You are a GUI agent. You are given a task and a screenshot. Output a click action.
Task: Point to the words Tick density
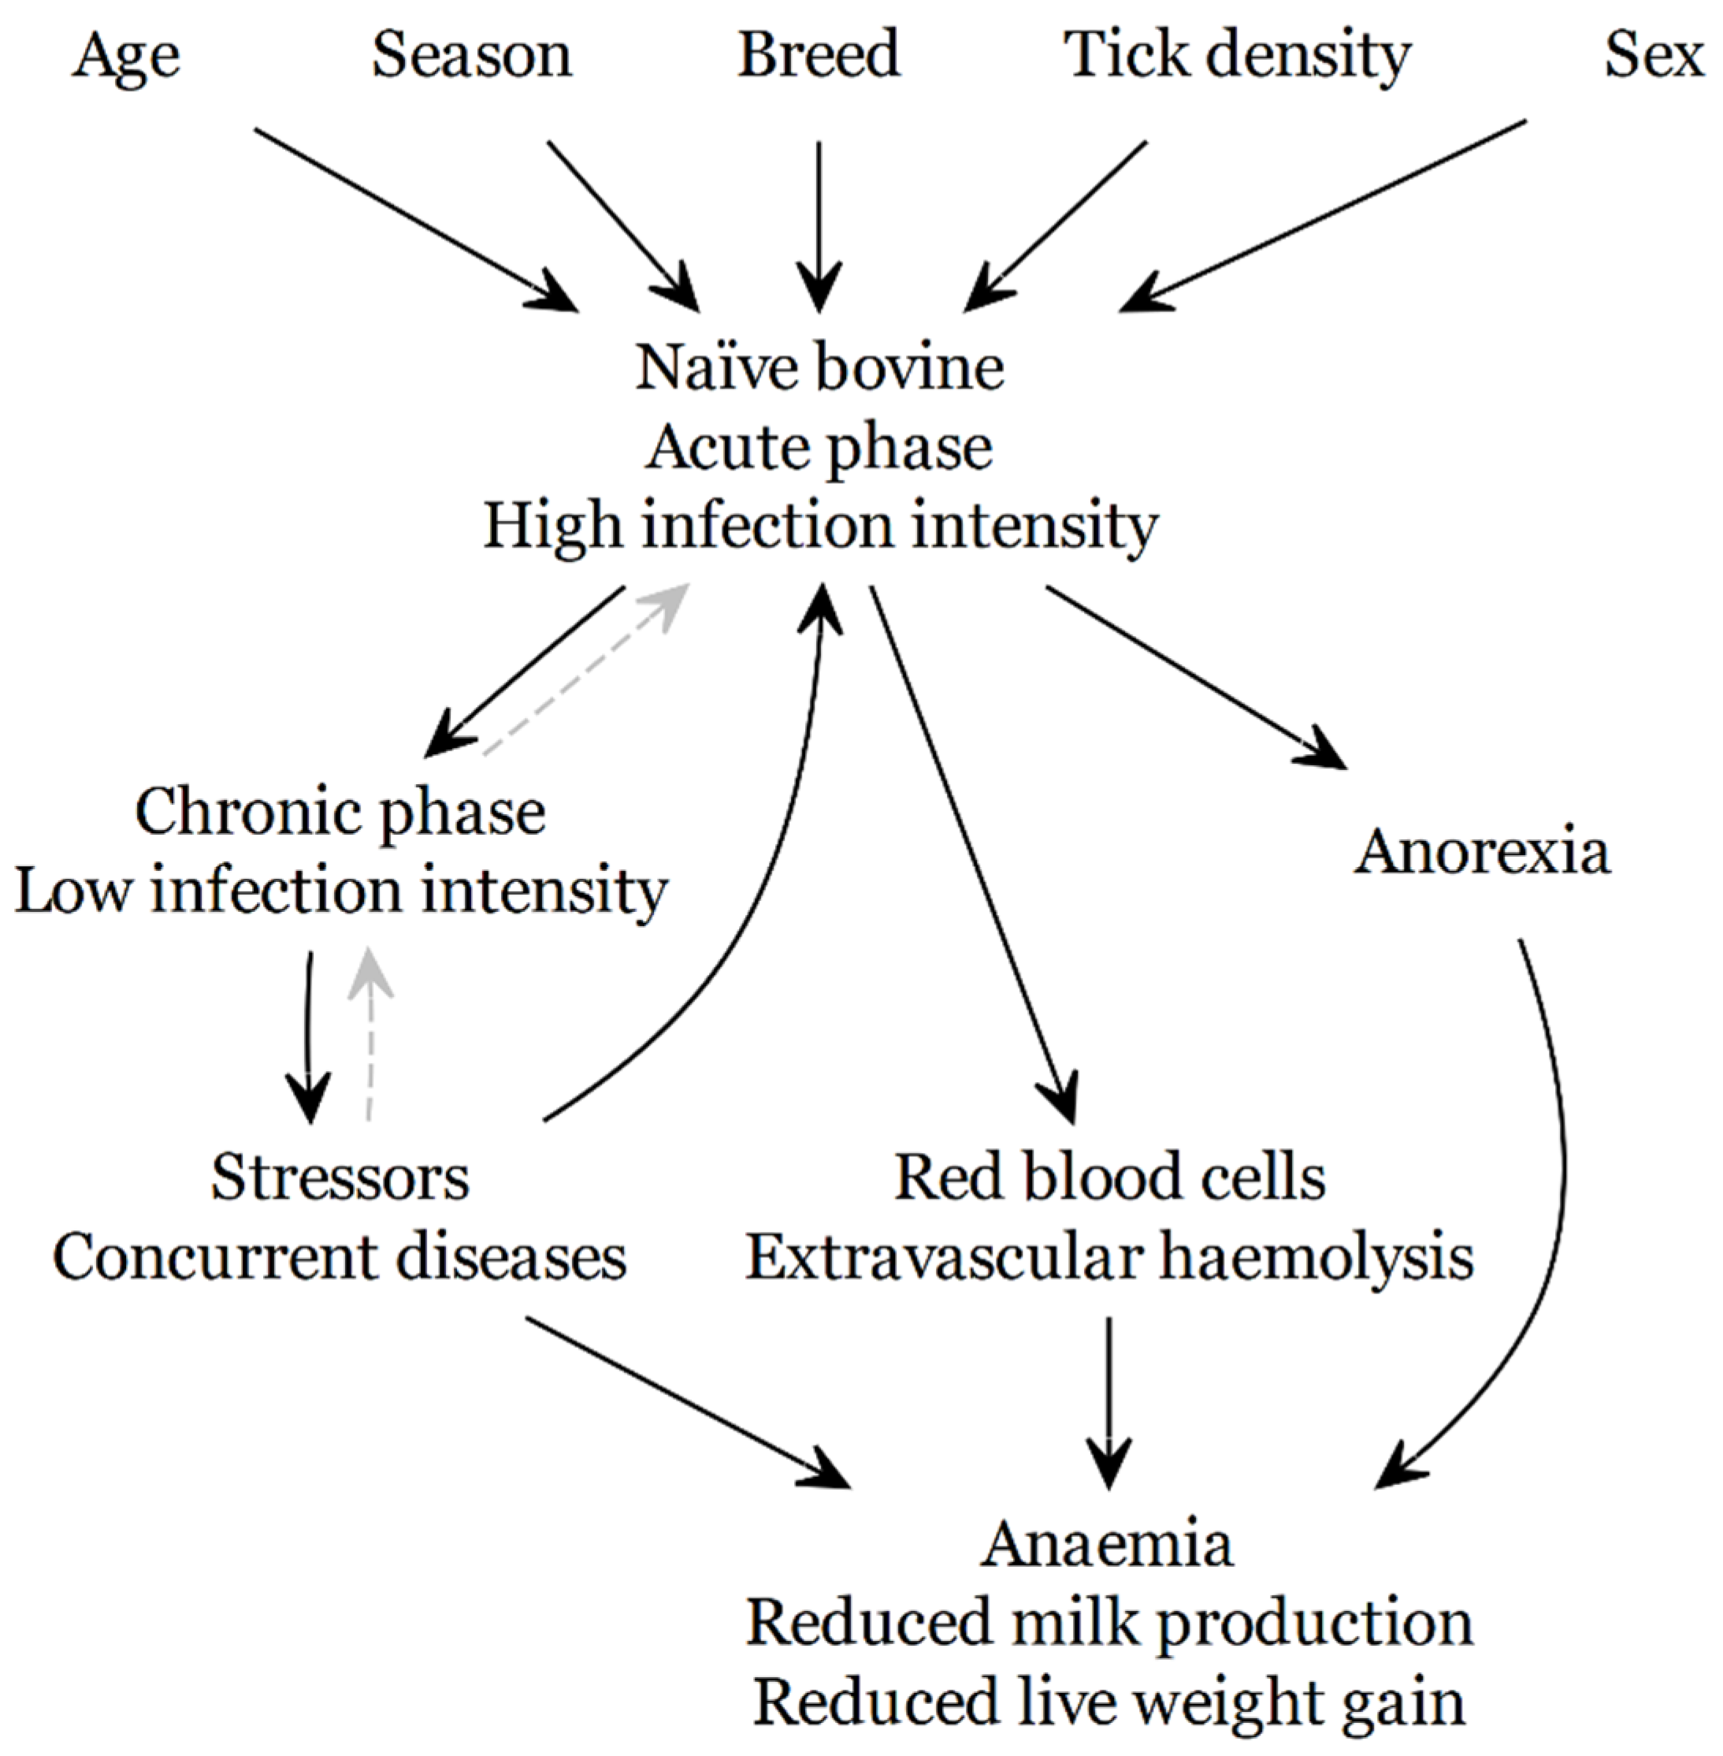click(x=1237, y=56)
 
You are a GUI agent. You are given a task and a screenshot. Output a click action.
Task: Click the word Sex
click(x=1654, y=56)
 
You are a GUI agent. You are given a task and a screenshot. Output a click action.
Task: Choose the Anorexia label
click(x=1481, y=853)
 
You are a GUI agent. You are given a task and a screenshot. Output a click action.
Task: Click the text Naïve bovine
click(x=819, y=368)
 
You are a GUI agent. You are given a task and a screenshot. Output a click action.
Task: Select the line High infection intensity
click(x=821, y=526)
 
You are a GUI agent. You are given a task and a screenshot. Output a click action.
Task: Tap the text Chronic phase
click(x=340, y=812)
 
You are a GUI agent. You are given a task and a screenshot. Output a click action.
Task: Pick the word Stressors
click(x=340, y=1177)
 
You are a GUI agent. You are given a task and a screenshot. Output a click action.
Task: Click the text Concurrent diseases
click(x=340, y=1257)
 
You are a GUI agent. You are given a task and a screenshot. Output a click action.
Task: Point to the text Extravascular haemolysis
click(x=1109, y=1257)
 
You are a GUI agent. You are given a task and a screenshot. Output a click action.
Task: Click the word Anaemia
click(x=1106, y=1544)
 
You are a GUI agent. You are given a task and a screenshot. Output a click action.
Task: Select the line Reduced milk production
click(x=1109, y=1623)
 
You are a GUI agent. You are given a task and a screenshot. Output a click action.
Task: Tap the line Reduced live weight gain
click(x=1109, y=1702)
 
